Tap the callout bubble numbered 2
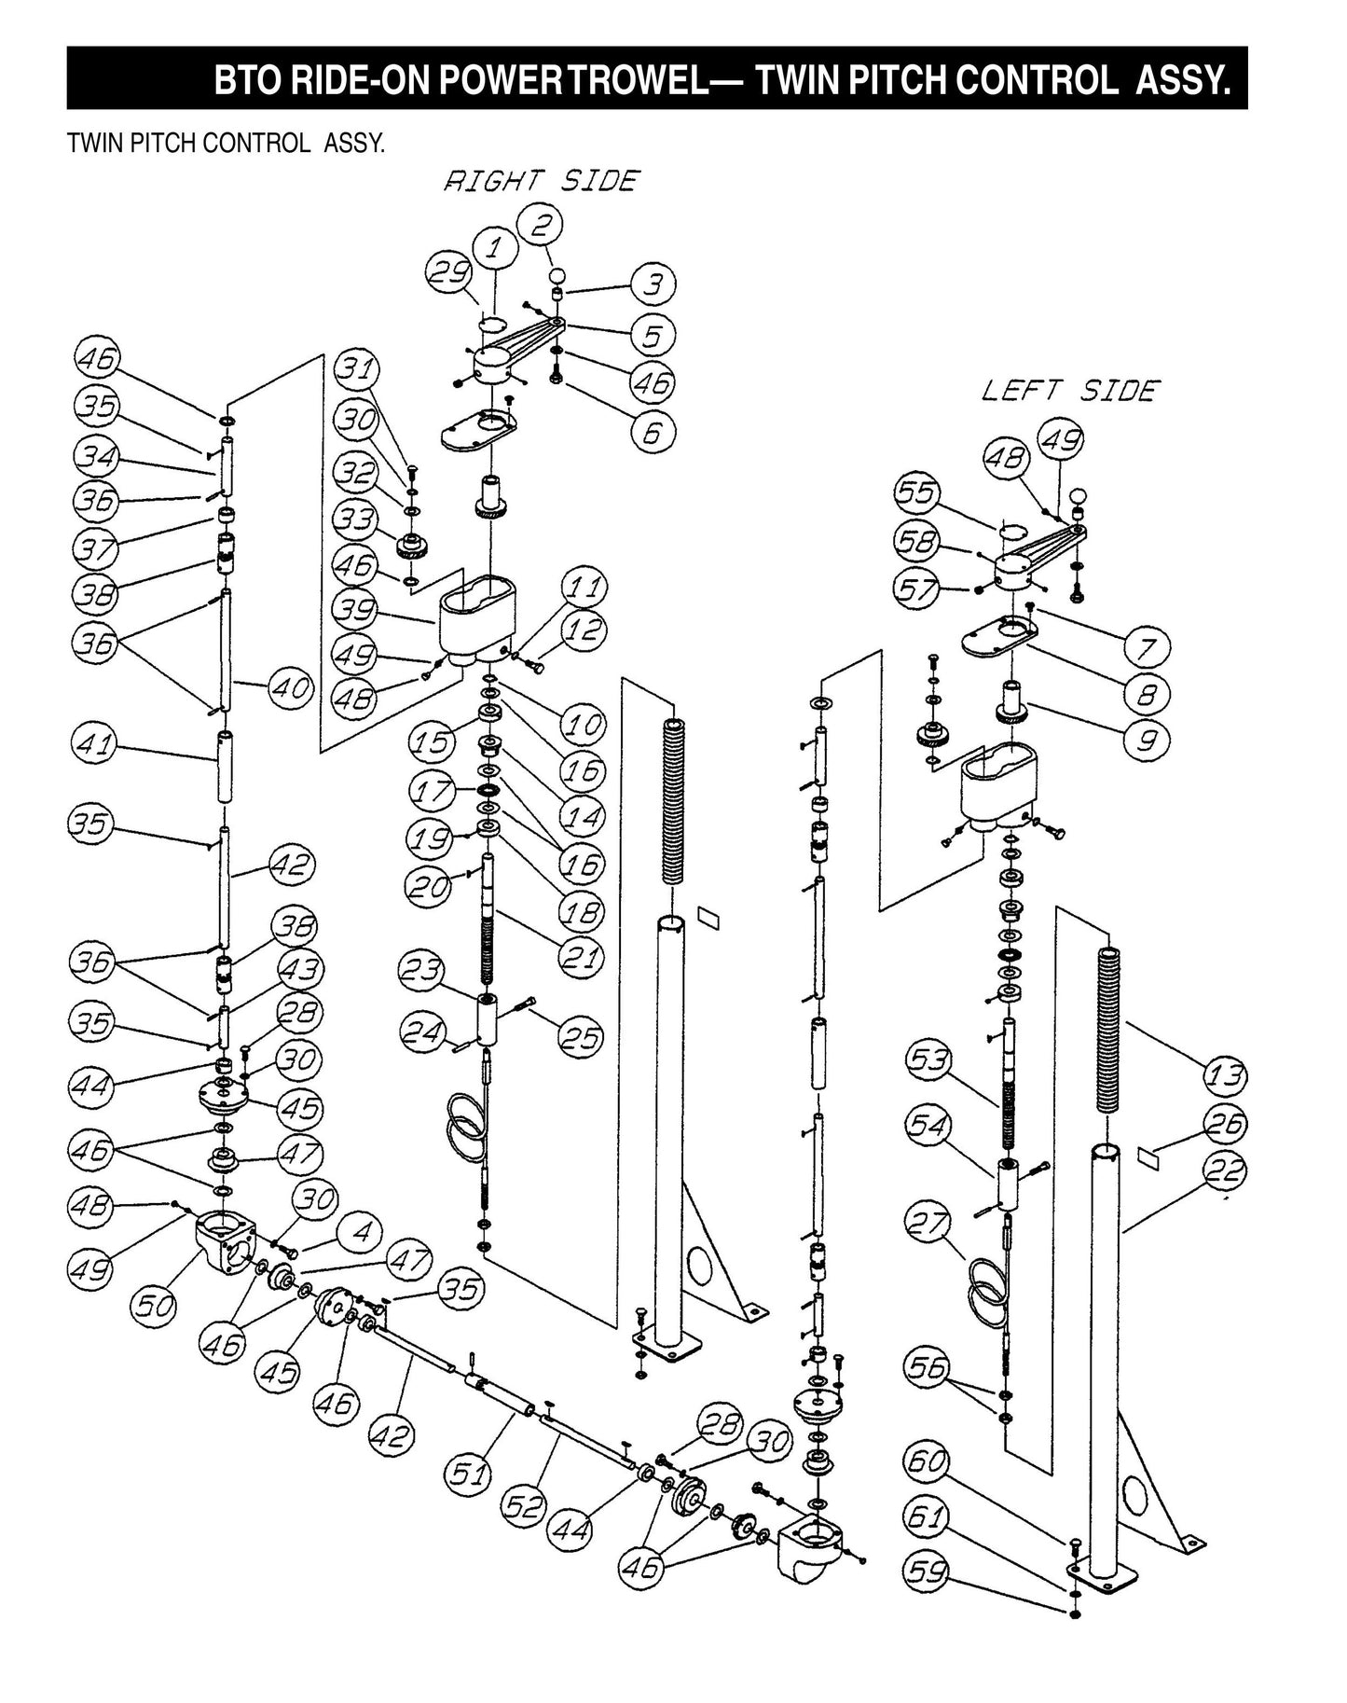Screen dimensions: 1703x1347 544,225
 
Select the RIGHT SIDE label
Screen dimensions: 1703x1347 542,180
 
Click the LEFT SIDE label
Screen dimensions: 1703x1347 1069,390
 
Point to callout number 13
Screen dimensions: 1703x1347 1225,1076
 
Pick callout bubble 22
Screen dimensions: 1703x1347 1225,1172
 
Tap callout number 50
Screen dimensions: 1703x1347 154,1306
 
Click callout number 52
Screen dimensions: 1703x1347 521,1505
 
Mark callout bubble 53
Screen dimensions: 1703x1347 928,1060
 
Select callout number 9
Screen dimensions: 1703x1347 1148,741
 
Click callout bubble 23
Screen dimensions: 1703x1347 420,971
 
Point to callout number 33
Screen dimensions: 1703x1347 355,519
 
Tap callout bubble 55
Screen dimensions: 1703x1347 917,492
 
